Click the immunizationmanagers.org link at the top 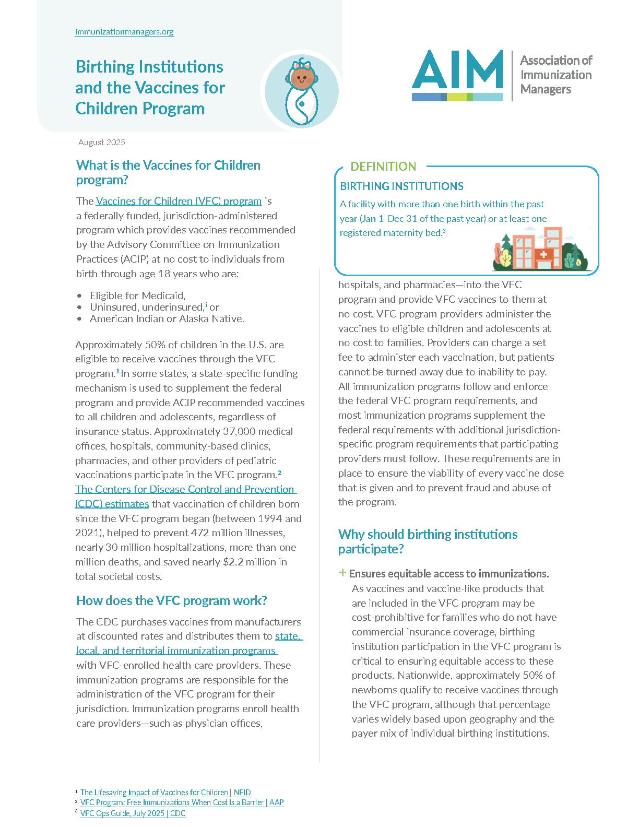tap(124, 32)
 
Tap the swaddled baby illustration tap(301, 91)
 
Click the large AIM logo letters tap(457, 70)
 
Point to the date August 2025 tap(102, 143)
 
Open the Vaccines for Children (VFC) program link tap(179, 201)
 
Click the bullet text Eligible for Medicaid tap(137, 296)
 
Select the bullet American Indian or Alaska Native tap(167, 318)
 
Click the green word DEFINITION tap(383, 167)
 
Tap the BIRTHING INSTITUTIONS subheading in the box tap(401, 186)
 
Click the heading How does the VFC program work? tap(171, 601)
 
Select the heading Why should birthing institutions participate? tap(428, 541)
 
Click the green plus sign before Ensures tap(342, 573)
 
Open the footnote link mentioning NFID tap(165, 793)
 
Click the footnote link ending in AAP tap(182, 802)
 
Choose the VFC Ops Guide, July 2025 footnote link tap(133, 813)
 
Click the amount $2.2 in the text tap(234, 562)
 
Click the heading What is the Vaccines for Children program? tap(168, 172)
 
